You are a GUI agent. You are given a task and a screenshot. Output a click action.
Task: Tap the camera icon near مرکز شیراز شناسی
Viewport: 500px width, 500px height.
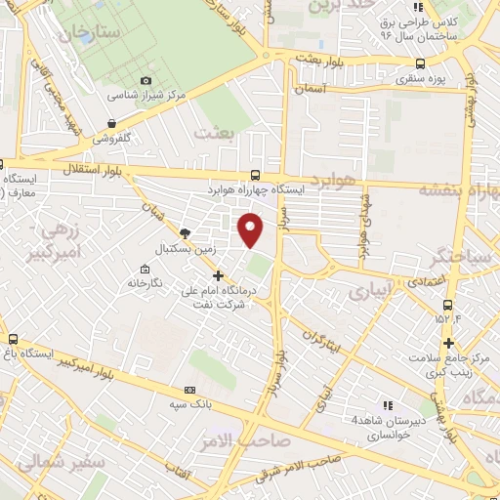tap(146, 80)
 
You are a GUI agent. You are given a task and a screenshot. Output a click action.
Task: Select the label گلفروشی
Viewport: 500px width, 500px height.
tap(112, 139)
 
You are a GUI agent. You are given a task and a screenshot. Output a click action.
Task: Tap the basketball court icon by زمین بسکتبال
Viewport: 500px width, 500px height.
tap(186, 232)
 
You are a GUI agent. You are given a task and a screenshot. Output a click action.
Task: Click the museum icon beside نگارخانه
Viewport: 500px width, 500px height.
tap(145, 269)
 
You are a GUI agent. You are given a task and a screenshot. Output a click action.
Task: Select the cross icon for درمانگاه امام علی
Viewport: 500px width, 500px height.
tap(218, 275)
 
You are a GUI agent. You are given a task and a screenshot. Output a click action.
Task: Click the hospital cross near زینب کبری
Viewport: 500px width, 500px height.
tap(448, 342)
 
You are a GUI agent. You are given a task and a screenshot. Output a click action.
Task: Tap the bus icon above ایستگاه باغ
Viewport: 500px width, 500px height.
tap(12, 338)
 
